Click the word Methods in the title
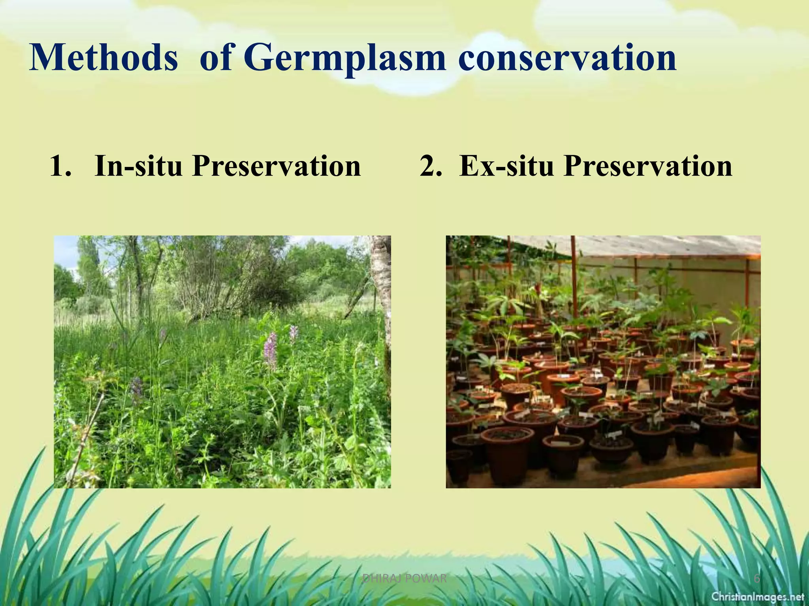click(x=103, y=58)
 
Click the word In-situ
click(x=138, y=166)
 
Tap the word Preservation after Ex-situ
click(x=648, y=166)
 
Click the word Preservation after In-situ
click(x=277, y=166)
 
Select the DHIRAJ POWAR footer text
click(x=404, y=579)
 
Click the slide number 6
click(x=756, y=579)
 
